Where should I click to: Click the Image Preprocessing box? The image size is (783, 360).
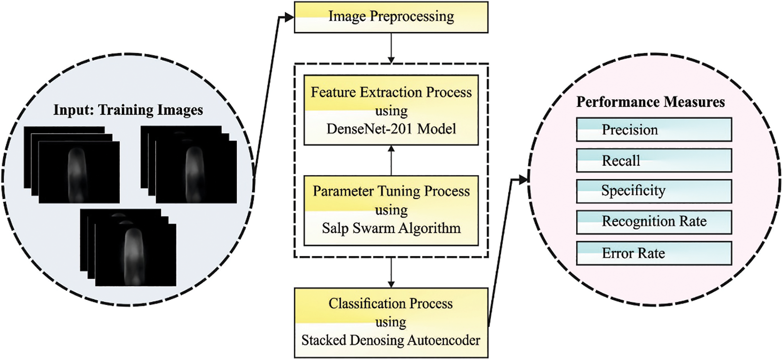(391, 17)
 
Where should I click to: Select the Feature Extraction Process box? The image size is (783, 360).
(391, 110)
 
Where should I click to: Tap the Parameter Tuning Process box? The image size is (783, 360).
(391, 210)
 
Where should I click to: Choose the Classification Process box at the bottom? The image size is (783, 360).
(391, 322)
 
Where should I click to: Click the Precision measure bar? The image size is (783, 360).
(653, 130)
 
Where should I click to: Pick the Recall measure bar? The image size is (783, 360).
(653, 160)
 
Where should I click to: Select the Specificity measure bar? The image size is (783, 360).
(653, 191)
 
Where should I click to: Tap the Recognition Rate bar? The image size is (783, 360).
(653, 221)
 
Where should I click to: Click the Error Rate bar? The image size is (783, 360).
(653, 253)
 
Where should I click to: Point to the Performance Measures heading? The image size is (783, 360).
(650, 102)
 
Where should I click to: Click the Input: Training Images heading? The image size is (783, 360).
(128, 110)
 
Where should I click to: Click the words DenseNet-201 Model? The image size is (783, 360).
(391, 129)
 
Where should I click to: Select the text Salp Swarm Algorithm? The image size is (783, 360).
(391, 228)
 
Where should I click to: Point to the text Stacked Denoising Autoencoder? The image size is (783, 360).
(391, 340)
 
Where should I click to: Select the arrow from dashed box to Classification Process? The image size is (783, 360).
(391, 272)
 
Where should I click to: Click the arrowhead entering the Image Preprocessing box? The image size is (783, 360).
(289, 18)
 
